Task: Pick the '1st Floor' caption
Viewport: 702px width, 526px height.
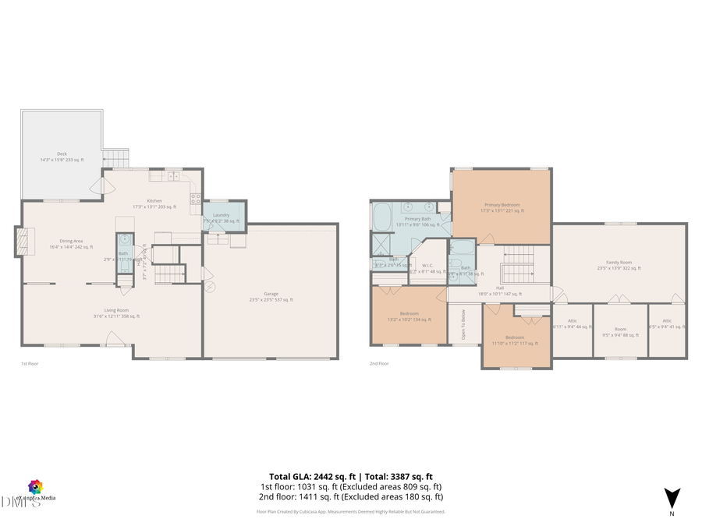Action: coord(30,363)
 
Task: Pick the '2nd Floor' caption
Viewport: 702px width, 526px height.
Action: coord(378,363)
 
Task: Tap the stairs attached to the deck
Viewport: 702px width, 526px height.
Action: coord(116,158)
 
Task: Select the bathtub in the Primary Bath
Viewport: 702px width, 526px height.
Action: coord(382,217)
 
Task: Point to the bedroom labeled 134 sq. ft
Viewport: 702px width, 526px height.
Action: coord(409,316)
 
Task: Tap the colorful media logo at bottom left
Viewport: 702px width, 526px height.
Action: coord(34,487)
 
